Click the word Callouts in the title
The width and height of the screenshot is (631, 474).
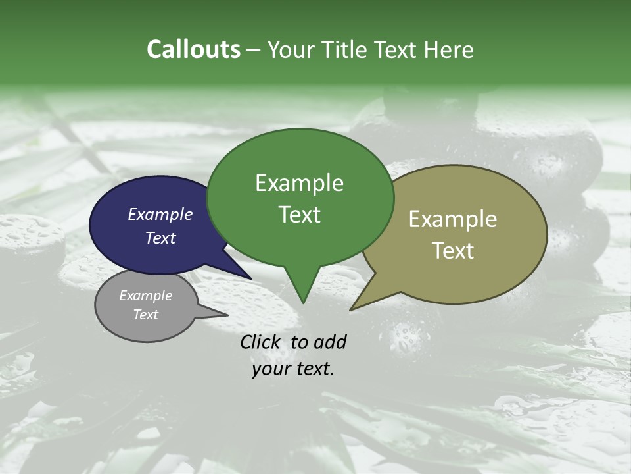pyautogui.click(x=193, y=49)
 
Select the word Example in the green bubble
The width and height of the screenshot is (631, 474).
pyautogui.click(x=299, y=183)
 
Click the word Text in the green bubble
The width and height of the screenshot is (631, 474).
pyautogui.click(x=299, y=214)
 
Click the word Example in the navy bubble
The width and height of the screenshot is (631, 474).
pyautogui.click(x=160, y=214)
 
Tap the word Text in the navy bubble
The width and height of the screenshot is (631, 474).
pyautogui.click(x=160, y=238)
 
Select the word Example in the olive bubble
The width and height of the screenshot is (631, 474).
pyautogui.click(x=453, y=219)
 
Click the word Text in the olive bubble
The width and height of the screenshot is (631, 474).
pyautogui.click(x=453, y=250)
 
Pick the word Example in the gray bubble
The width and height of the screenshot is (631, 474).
pyautogui.click(x=145, y=296)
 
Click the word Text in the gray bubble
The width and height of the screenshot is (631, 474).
pyautogui.click(x=145, y=315)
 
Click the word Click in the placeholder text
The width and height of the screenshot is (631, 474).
pyautogui.click(x=262, y=342)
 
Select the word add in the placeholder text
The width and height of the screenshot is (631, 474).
pyautogui.click(x=329, y=342)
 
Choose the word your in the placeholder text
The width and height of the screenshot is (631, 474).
pyautogui.click(x=271, y=369)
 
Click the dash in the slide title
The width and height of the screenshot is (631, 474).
pyautogui.click(x=254, y=50)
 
